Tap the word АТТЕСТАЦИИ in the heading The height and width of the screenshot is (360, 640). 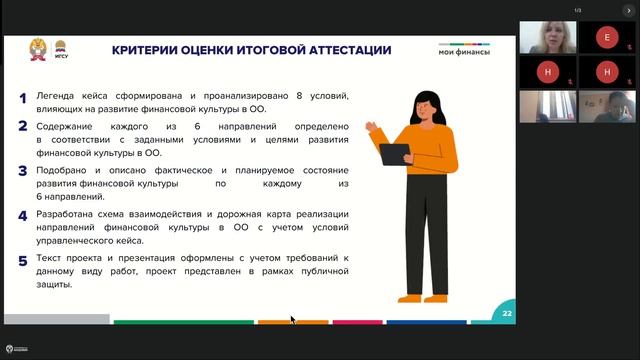[x=343, y=49]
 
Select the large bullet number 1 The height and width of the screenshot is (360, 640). [x=23, y=98]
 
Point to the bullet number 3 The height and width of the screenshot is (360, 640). [x=23, y=171]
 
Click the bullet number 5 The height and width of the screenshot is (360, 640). [x=23, y=261]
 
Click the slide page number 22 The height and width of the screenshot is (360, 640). [x=507, y=313]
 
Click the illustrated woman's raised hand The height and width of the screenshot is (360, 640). [x=371, y=129]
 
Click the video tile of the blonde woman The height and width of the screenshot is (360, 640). [x=547, y=38]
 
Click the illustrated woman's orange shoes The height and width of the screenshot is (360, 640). [x=421, y=296]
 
